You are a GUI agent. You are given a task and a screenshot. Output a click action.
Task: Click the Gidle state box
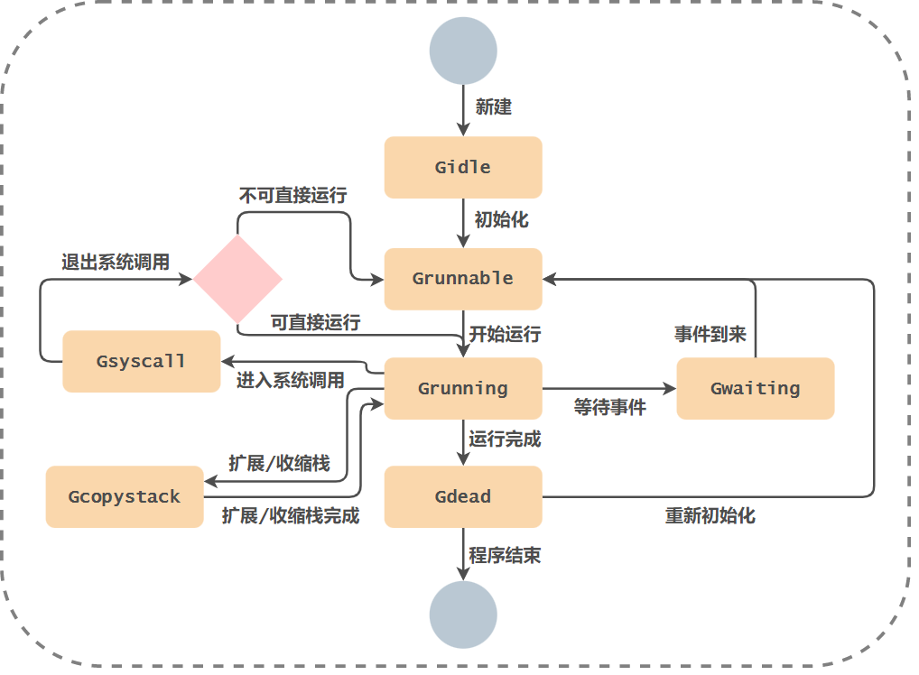pos(462,167)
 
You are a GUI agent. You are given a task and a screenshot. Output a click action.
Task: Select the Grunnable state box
pos(462,279)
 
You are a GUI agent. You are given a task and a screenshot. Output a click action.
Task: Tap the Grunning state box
pos(462,389)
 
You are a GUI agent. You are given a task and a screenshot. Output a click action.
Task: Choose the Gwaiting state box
pos(755,389)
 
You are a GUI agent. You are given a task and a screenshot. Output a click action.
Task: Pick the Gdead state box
pos(462,497)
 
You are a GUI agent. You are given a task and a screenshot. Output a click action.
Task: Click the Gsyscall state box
pos(141,361)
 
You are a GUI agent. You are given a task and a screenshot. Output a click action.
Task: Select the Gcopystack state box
pos(125,497)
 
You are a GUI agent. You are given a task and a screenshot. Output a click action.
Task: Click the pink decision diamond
pos(237,279)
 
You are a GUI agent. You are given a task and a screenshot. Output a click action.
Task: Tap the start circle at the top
pos(463,51)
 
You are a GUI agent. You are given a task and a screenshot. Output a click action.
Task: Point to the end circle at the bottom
pos(463,615)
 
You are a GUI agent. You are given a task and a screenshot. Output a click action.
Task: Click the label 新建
pos(494,107)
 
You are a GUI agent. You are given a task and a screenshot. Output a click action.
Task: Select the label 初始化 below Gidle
pos(502,219)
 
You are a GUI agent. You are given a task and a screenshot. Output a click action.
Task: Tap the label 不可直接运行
pos(292,195)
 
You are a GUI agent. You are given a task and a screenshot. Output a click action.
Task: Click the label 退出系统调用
pos(116,263)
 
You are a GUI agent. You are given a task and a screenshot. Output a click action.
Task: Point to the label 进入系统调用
pos(291,381)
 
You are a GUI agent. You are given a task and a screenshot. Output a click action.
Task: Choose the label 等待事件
pos(610,408)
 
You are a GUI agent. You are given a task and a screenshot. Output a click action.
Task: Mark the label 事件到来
pos(710,334)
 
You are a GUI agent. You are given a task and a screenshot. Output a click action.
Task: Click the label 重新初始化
pos(710,516)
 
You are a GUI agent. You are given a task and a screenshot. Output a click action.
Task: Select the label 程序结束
pos(505,556)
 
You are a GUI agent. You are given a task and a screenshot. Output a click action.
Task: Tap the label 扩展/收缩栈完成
pos(291,516)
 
